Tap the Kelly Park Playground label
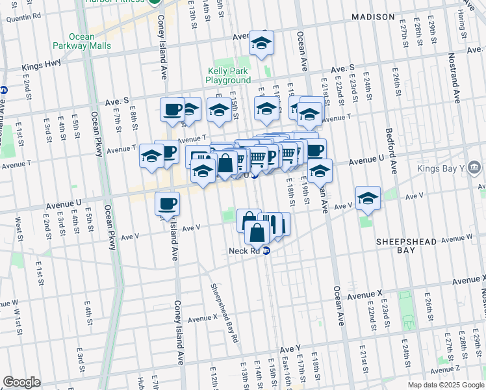(x=228, y=75)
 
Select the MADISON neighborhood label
(x=373, y=16)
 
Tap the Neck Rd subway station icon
(x=266, y=251)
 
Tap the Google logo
(x=21, y=382)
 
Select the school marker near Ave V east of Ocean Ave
(x=367, y=198)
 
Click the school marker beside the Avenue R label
(x=262, y=44)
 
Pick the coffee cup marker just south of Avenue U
(x=167, y=203)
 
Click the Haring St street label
(x=462, y=25)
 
